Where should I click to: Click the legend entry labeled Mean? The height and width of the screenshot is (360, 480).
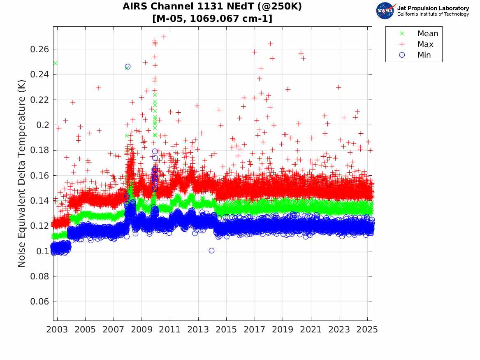420,33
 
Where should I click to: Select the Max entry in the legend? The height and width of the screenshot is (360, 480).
417,44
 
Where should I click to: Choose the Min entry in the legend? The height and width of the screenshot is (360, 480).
415,55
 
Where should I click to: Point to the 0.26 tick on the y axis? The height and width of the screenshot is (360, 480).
39,49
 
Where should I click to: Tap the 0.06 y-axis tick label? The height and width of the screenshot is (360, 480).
39,302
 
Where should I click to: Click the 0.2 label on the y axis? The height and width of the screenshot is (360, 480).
42,125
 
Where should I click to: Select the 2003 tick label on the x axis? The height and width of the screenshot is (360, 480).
57,330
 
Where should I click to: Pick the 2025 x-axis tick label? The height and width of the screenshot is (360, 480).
367,330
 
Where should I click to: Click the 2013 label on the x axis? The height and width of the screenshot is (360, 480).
198,330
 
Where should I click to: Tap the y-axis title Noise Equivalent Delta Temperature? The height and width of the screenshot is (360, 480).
21,174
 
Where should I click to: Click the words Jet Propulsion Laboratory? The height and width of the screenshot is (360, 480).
433,8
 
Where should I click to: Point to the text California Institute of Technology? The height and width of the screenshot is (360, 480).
433,14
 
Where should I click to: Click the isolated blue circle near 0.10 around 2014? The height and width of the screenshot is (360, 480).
211,251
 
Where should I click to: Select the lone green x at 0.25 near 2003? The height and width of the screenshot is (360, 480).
56,63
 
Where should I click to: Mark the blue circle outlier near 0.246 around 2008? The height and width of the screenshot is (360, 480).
128,66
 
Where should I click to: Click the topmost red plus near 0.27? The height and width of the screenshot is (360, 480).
164,37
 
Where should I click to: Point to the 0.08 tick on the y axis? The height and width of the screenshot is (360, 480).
39,276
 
